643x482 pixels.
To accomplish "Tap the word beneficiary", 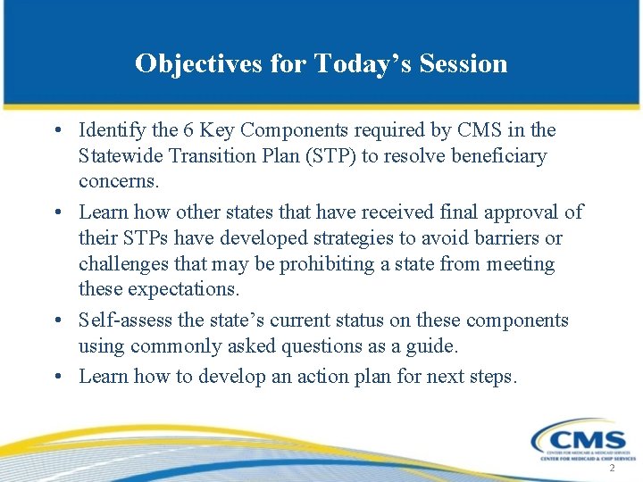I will (x=497, y=157).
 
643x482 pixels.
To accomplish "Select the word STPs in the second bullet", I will (x=146, y=238).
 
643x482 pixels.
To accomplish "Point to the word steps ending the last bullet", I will (x=491, y=376).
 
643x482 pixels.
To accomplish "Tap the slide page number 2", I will (x=612, y=469).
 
